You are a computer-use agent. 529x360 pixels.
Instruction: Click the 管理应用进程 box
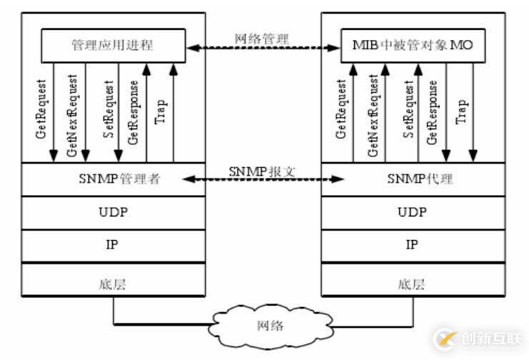click(112, 46)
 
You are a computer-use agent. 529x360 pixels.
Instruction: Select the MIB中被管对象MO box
click(412, 46)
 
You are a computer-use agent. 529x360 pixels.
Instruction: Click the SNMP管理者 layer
click(112, 179)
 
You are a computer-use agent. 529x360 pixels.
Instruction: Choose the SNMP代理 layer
click(412, 179)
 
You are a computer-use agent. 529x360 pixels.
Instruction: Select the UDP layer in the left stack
click(112, 211)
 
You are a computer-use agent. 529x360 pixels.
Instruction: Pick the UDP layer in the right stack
click(412, 211)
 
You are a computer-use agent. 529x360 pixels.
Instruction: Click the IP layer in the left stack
click(112, 244)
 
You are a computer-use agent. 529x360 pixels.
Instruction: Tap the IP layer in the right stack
click(412, 244)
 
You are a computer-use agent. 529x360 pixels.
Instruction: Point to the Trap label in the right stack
click(462, 111)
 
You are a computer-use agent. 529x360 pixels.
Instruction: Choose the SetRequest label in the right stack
click(409, 111)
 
